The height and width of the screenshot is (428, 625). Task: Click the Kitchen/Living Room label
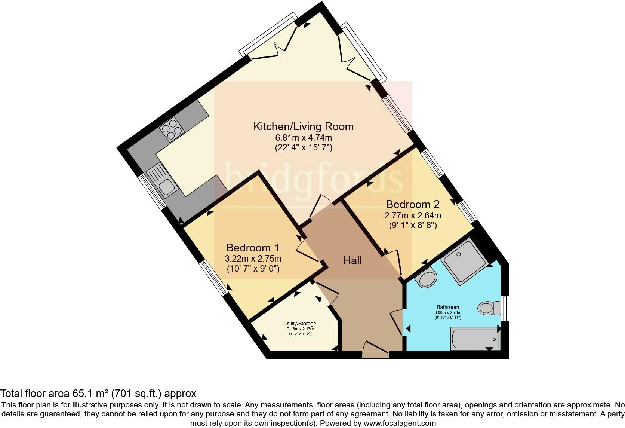click(303, 126)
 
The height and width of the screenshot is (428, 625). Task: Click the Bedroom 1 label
click(253, 248)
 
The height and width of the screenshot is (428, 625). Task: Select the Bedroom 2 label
click(413, 204)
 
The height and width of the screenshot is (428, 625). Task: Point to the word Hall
click(352, 260)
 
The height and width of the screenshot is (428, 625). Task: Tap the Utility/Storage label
click(300, 324)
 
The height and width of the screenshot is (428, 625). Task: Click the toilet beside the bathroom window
click(489, 308)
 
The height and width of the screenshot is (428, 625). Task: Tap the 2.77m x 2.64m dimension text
click(413, 215)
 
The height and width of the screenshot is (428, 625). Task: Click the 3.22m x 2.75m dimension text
click(253, 259)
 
